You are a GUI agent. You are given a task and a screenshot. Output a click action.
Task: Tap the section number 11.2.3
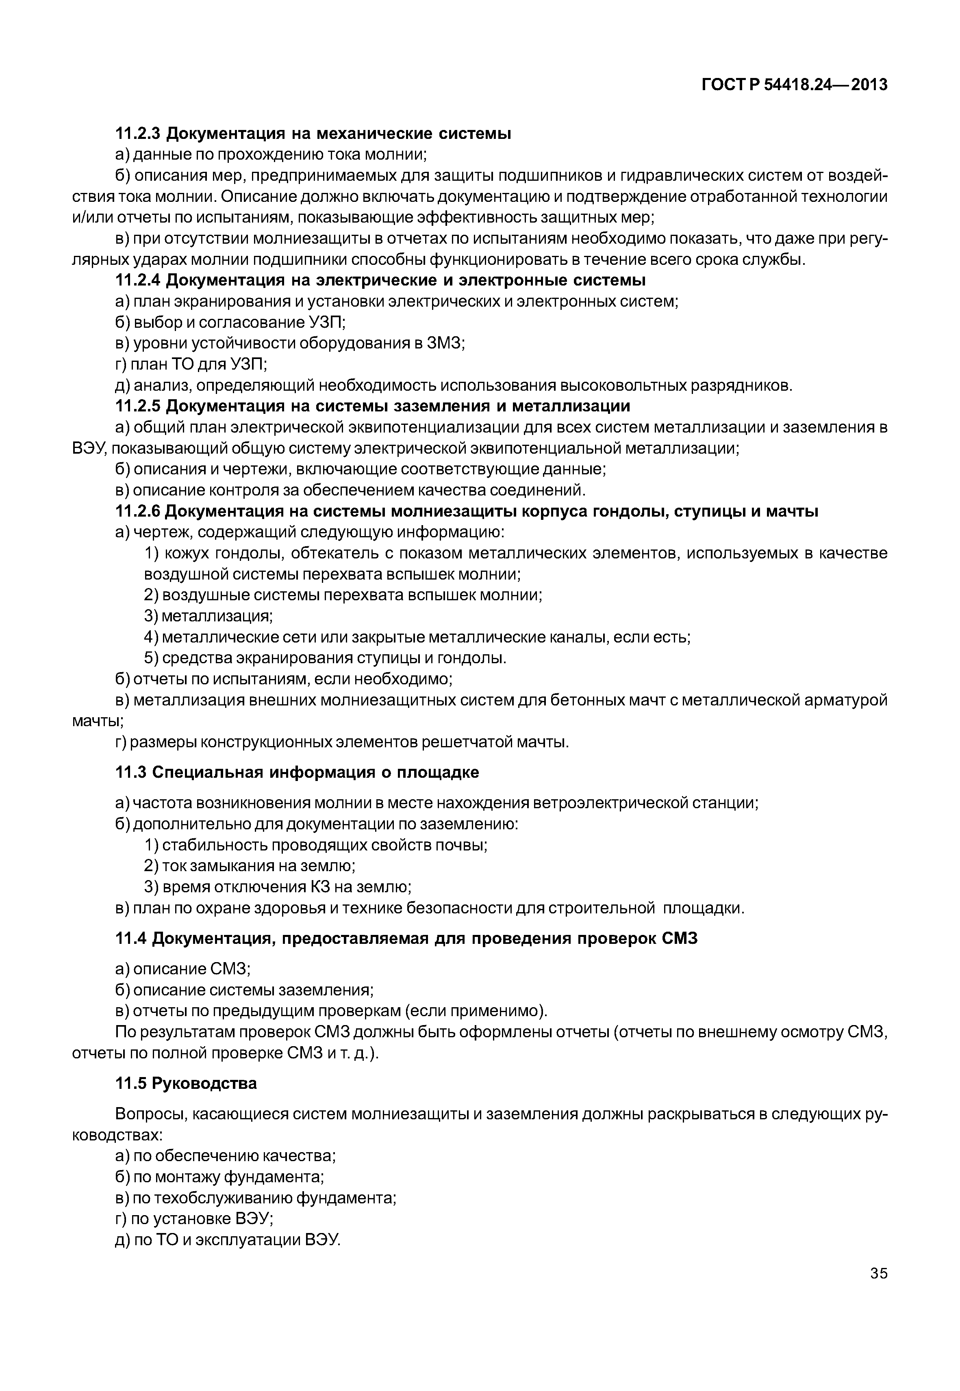tap(138, 134)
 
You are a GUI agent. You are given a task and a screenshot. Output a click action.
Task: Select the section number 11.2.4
tap(138, 280)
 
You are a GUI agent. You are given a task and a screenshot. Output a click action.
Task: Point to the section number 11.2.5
tap(138, 407)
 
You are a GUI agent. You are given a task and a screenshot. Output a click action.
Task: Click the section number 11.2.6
tap(138, 512)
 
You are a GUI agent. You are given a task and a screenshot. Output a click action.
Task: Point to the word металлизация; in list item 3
tap(217, 616)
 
